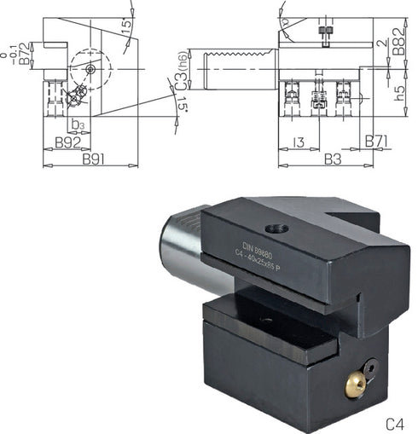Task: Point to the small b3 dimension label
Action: point(78,125)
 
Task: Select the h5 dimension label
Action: point(399,96)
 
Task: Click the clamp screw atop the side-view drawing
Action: point(323,32)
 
